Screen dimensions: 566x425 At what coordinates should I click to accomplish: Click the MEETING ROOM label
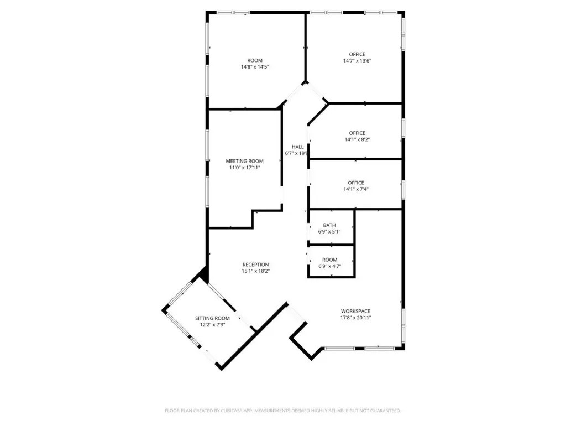(x=244, y=161)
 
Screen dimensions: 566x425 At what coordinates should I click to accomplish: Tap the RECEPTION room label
(x=255, y=265)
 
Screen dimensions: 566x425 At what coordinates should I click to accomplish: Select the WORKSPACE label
(x=355, y=311)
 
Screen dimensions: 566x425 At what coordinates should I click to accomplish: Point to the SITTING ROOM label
(x=212, y=318)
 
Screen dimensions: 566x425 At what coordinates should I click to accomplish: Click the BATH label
(x=329, y=225)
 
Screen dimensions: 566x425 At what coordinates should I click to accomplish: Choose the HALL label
(x=298, y=147)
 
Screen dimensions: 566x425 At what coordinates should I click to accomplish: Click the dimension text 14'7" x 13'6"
(x=357, y=61)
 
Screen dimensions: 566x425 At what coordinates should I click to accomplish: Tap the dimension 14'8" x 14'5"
(x=255, y=67)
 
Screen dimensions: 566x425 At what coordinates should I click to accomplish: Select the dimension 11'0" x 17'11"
(x=244, y=168)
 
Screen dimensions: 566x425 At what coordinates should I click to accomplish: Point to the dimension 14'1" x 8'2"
(x=357, y=139)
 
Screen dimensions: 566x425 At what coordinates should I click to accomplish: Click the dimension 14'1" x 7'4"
(x=356, y=189)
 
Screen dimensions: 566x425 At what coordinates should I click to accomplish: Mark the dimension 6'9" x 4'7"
(x=329, y=266)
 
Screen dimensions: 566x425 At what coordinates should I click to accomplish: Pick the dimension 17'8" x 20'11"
(x=355, y=318)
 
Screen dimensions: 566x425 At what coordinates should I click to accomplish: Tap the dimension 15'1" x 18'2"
(x=255, y=271)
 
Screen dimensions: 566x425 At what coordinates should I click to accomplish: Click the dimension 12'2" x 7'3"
(x=213, y=325)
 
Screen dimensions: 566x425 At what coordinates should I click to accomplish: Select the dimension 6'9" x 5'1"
(x=329, y=232)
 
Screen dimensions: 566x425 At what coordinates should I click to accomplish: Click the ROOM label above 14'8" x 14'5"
(x=255, y=60)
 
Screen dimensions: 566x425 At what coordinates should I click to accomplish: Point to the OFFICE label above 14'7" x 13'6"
(x=357, y=54)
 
